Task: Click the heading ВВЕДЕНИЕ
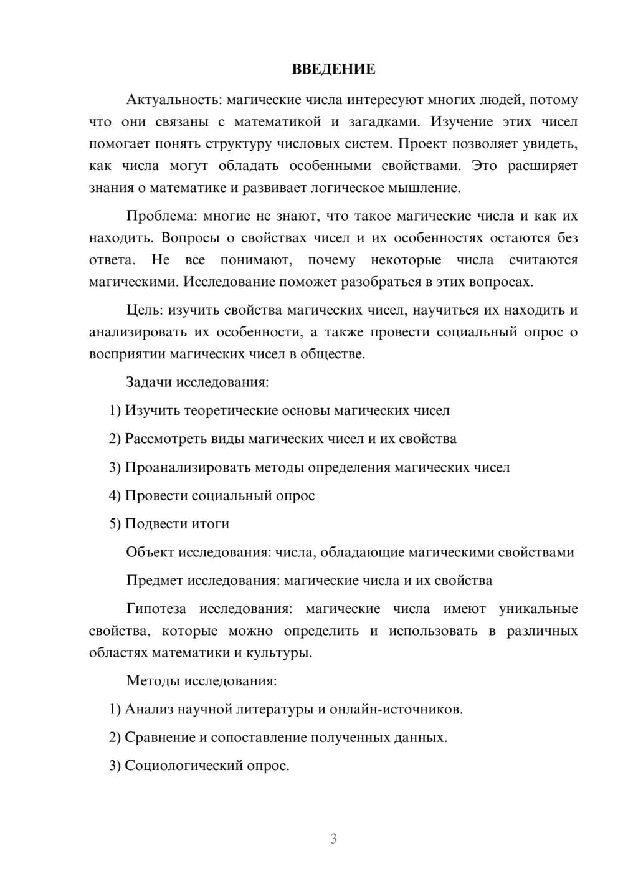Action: pos(333,69)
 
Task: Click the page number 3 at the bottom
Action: pos(333,839)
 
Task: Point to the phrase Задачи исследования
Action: pos(197,382)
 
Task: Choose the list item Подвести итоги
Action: pos(177,524)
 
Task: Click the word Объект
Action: pos(150,552)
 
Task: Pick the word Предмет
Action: pos(155,581)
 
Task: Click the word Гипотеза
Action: pos(156,609)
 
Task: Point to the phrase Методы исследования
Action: pos(201,680)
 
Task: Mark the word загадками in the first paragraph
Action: pos(382,121)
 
